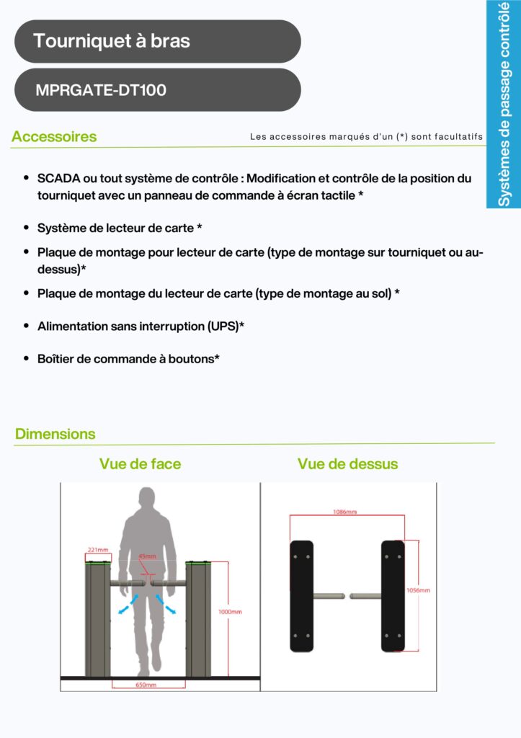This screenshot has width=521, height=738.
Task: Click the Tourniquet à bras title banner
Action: tap(157, 41)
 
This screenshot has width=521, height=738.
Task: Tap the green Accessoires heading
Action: tap(54, 136)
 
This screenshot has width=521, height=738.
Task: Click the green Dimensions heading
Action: tap(55, 434)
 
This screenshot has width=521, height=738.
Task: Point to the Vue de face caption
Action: tap(140, 464)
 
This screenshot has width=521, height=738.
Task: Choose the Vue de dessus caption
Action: tap(347, 464)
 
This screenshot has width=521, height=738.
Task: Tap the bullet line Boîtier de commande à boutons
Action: tap(128, 358)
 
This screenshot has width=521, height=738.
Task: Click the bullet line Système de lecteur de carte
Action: tap(119, 228)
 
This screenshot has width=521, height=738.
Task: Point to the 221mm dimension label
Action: tap(97, 549)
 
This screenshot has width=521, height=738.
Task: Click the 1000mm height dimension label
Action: tap(230, 612)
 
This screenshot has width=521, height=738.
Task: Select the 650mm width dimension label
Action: tap(146, 685)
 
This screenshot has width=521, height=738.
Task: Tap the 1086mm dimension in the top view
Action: tap(344, 512)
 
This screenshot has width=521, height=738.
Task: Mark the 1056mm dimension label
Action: tap(419, 590)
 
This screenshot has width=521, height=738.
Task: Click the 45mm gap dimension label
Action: tap(147, 556)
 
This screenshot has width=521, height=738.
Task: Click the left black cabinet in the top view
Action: tap(301, 596)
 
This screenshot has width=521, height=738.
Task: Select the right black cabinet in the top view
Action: tap(393, 596)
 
